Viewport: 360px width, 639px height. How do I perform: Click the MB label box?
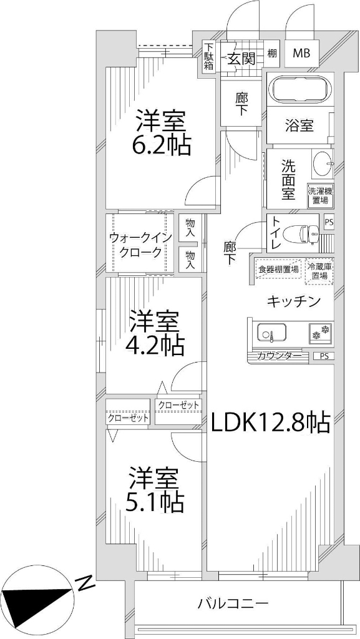coord(301,54)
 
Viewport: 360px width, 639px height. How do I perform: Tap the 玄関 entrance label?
coord(240,59)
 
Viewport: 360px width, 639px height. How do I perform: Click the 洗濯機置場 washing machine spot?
coord(320,195)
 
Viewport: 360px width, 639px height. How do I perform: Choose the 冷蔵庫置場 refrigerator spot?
coord(319,270)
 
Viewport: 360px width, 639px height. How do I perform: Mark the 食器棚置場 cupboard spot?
coord(278,270)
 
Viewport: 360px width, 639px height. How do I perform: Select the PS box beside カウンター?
coord(323,356)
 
